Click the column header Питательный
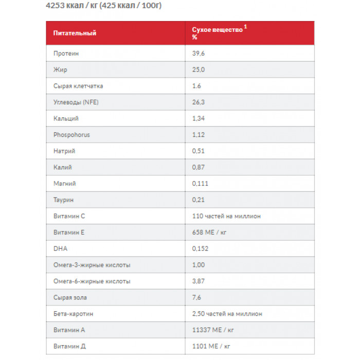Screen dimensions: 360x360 pyautogui.click(x=75, y=33)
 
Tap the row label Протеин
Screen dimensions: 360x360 pyautogui.click(x=66, y=53)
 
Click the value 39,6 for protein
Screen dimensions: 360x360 pyautogui.click(x=199, y=53)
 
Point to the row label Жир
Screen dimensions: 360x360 pyautogui.click(x=60, y=69)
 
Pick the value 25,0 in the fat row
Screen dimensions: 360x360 pyautogui.click(x=199, y=69)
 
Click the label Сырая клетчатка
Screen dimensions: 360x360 pyautogui.click(x=78, y=86)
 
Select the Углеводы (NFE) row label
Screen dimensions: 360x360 pyautogui.click(x=76, y=102)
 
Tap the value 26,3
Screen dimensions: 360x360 pyautogui.click(x=199, y=102)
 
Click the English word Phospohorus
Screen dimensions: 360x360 pyautogui.click(x=71, y=135)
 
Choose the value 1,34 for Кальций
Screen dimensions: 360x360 pyautogui.click(x=199, y=118)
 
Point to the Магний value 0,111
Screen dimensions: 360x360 pyautogui.click(x=200, y=184)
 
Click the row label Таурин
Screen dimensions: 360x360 pyautogui.click(x=64, y=200)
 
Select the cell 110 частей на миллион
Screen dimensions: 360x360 pyautogui.click(x=226, y=216)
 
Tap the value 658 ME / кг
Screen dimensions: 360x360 pyautogui.click(x=209, y=232)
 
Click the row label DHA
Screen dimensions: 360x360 pyautogui.click(x=60, y=248)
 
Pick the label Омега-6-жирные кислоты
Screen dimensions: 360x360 pyautogui.click(x=92, y=281)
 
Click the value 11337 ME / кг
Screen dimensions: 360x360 pyautogui.click(x=213, y=330)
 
